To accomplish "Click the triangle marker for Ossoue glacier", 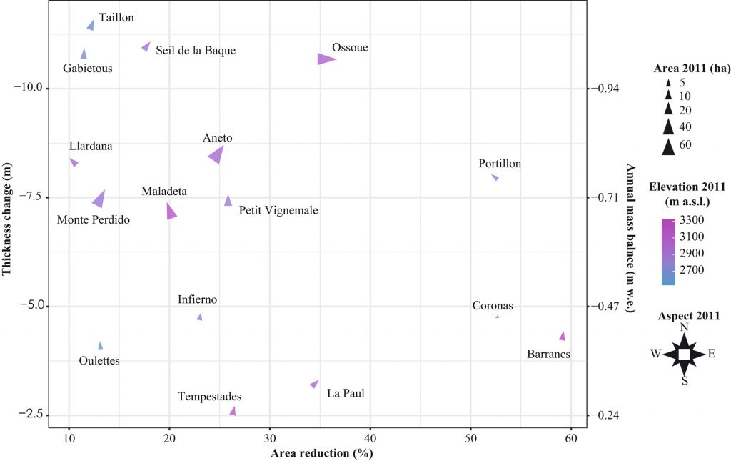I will tap(326, 59).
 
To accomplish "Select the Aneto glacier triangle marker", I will tap(216, 154).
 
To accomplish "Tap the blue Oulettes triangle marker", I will tap(101, 346).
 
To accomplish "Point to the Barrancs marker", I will tap(563, 336).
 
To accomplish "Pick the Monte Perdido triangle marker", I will tap(99, 199).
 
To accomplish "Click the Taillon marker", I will tap(91, 26).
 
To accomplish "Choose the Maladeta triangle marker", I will tap(170, 212).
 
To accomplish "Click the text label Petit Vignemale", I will tap(278, 210).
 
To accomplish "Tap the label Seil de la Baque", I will tap(195, 51).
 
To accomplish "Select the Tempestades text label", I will tap(210, 397).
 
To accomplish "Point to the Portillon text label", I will tap(500, 164).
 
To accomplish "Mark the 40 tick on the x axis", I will tap(370, 438).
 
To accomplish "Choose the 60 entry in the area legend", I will tap(683, 146).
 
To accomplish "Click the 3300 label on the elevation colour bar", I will tap(691, 219).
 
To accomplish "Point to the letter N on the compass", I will tap(684, 327).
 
